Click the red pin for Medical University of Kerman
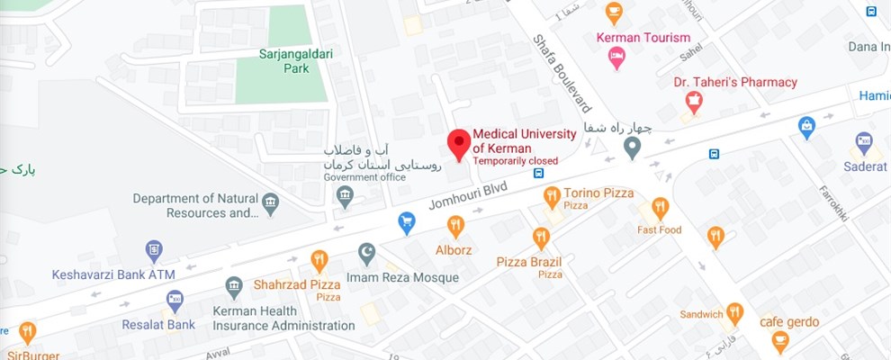click(x=459, y=143)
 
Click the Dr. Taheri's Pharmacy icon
click(x=693, y=103)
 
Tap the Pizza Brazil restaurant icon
click(x=541, y=238)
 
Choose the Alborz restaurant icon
click(x=455, y=226)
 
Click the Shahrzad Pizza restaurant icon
click(x=319, y=261)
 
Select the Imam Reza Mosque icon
click(x=366, y=254)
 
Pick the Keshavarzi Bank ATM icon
click(x=154, y=249)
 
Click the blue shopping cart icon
click(x=407, y=220)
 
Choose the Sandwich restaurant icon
click(x=735, y=313)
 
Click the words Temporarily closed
click(x=516, y=161)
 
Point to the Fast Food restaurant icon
click(x=661, y=208)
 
